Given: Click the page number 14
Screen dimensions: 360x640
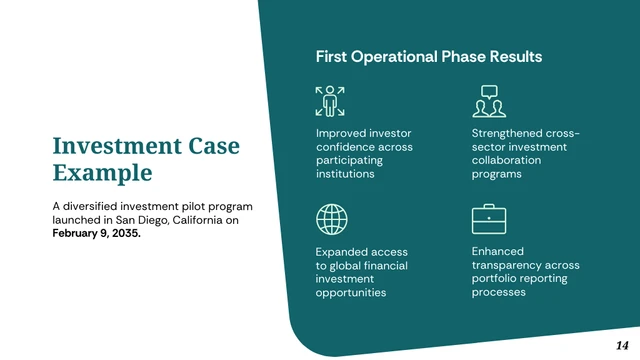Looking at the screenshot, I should [x=623, y=344].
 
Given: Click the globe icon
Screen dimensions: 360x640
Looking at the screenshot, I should [x=330, y=218].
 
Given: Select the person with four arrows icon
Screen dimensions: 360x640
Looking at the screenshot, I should [x=330, y=100].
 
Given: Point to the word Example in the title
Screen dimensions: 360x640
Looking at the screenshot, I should [x=102, y=173].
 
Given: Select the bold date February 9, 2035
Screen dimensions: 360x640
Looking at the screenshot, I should [x=97, y=233].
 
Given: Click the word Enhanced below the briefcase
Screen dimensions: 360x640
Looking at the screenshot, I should [x=497, y=251].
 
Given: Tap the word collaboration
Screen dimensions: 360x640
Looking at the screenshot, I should [x=506, y=160].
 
